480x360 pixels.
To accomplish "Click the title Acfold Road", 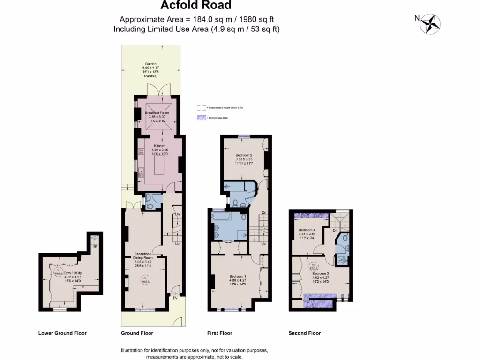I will [x=196, y=6].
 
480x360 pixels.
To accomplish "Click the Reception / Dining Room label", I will [x=143, y=258].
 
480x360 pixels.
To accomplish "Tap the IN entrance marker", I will [x=175, y=297].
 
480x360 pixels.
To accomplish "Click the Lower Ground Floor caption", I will [x=62, y=333].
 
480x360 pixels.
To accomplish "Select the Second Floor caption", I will [x=305, y=333].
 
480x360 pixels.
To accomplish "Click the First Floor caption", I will [x=219, y=333].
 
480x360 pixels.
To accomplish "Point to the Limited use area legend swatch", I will [x=200, y=118].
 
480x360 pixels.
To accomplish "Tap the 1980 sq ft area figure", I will [x=257, y=19].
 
